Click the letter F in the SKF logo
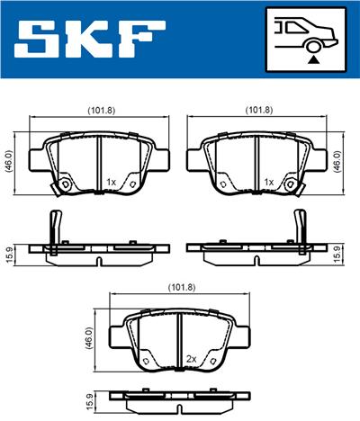tap(141, 40)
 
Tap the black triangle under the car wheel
tap(313, 60)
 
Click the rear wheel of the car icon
tap(313, 47)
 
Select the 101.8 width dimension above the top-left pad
tap(101, 111)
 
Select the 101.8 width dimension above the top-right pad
tap(259, 111)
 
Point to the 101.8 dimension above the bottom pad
tap(182, 288)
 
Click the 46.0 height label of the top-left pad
tap(9, 162)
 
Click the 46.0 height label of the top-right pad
tap(337, 161)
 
